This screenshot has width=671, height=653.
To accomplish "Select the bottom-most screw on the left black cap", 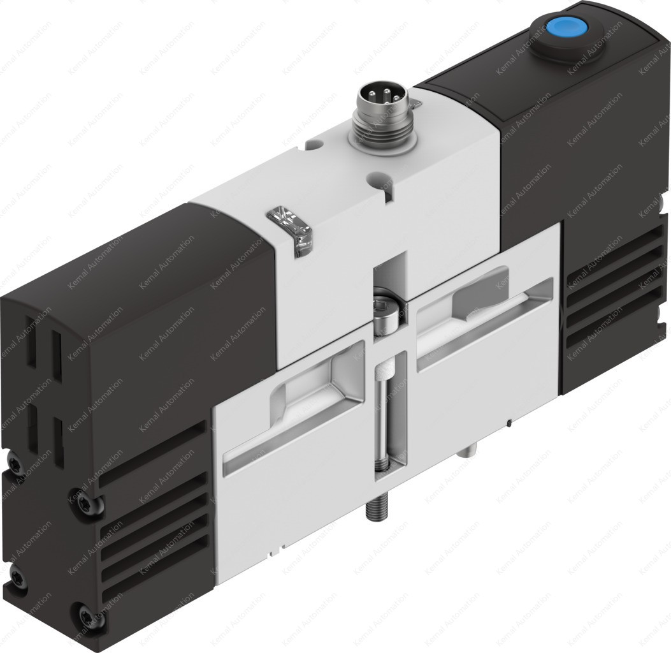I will (x=84, y=616).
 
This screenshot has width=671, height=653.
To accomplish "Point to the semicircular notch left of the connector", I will (x=312, y=147).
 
